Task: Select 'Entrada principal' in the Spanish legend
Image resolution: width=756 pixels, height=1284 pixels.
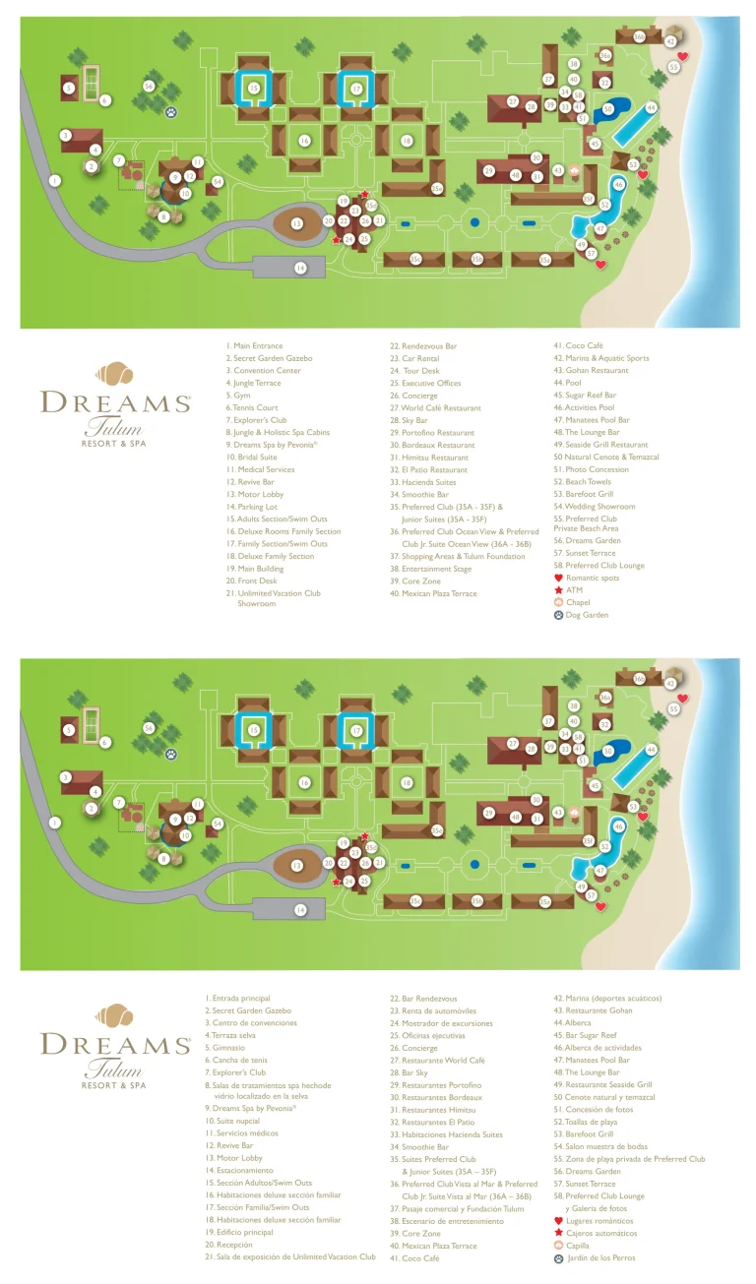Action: (242, 999)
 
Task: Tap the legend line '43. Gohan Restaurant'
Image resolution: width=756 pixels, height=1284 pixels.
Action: (596, 371)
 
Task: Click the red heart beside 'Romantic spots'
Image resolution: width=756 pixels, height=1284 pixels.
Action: (559, 579)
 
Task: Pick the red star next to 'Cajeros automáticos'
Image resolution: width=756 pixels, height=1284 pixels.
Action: (559, 1233)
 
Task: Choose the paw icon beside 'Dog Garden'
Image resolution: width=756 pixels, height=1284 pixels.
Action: (559, 615)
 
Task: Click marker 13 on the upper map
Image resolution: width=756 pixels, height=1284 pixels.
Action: (296, 224)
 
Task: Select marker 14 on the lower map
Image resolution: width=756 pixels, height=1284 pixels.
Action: (300, 910)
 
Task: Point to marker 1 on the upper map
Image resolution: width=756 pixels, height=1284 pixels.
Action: (55, 180)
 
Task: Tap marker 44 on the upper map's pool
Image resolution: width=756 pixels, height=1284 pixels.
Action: (651, 107)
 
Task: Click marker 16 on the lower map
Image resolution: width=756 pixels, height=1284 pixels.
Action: (305, 783)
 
